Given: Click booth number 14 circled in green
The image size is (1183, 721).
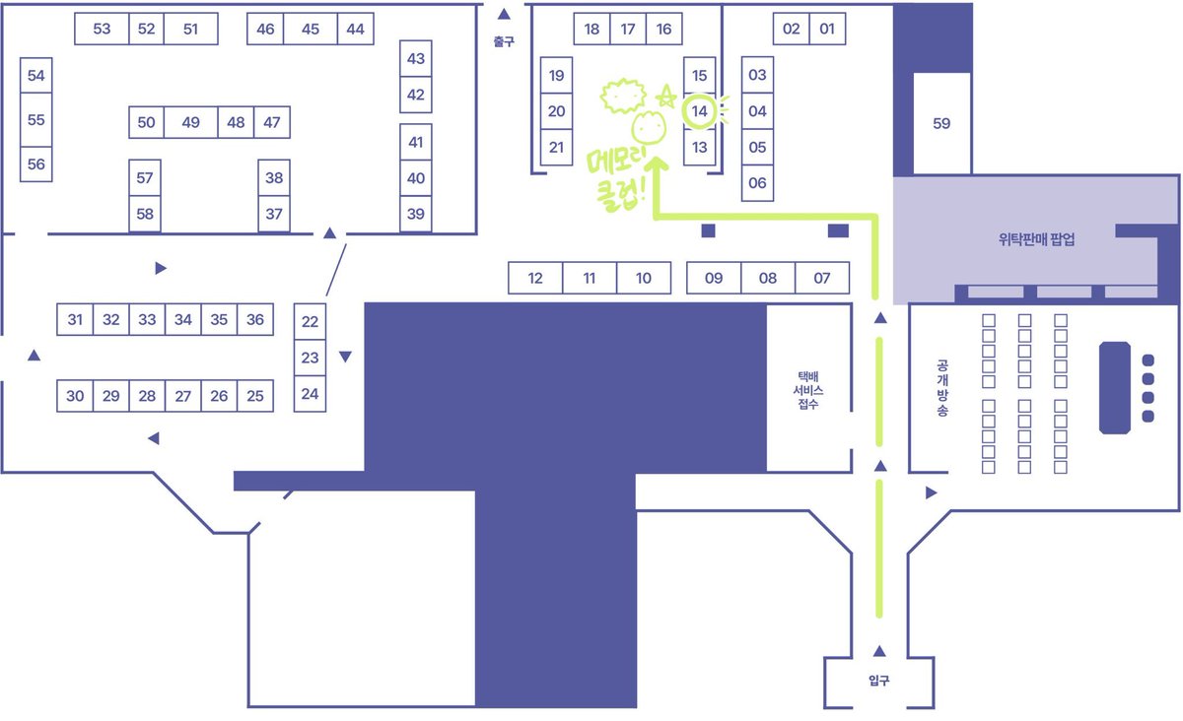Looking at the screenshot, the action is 699,111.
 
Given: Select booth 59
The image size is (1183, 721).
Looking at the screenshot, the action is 941,123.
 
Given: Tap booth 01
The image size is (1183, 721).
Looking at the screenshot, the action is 827,29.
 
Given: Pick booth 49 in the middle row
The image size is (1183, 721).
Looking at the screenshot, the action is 190,122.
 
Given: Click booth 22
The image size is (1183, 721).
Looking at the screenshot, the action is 310,321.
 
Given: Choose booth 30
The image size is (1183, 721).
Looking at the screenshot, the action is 75,396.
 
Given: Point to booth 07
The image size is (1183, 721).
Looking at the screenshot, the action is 822,278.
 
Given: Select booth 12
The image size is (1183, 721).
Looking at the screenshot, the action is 535,278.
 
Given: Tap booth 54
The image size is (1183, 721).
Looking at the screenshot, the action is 35,76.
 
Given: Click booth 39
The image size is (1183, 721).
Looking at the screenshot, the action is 416,214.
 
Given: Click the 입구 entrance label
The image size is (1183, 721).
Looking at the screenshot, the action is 878,681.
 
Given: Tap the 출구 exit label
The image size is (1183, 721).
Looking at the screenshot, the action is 504,41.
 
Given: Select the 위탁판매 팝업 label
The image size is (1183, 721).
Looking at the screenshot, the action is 1037,239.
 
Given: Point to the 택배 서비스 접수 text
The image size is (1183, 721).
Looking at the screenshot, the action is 808,390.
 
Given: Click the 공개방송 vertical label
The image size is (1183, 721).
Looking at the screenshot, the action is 942,388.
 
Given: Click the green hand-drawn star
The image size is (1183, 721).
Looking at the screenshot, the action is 666,97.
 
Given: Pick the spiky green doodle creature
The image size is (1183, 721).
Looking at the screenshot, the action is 623,96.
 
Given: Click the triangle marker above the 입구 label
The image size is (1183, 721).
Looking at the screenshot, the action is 879,651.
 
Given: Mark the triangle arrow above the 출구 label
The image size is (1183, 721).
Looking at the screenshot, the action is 505,14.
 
